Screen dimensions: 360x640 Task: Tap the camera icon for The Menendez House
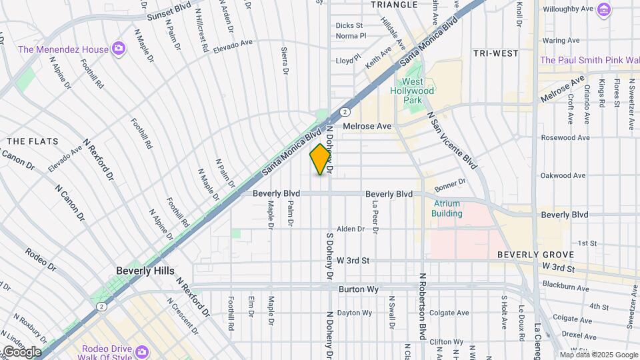[119, 49]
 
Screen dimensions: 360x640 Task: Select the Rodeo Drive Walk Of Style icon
[141, 351]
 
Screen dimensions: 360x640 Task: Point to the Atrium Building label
[447, 209]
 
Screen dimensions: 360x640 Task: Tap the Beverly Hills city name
[145, 271]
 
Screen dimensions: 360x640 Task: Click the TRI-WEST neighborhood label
[495, 53]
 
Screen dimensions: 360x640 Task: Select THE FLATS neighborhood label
[33, 141]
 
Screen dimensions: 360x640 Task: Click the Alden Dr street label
[351, 229]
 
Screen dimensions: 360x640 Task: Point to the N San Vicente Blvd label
[453, 139]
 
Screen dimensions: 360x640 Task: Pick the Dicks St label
[349, 25]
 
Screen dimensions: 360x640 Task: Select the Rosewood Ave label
[565, 138]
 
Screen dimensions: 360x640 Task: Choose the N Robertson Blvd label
[422, 307]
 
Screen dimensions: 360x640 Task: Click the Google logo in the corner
[21, 351]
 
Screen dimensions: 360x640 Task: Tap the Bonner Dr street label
[450, 183]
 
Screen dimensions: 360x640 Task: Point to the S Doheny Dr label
[329, 256]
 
